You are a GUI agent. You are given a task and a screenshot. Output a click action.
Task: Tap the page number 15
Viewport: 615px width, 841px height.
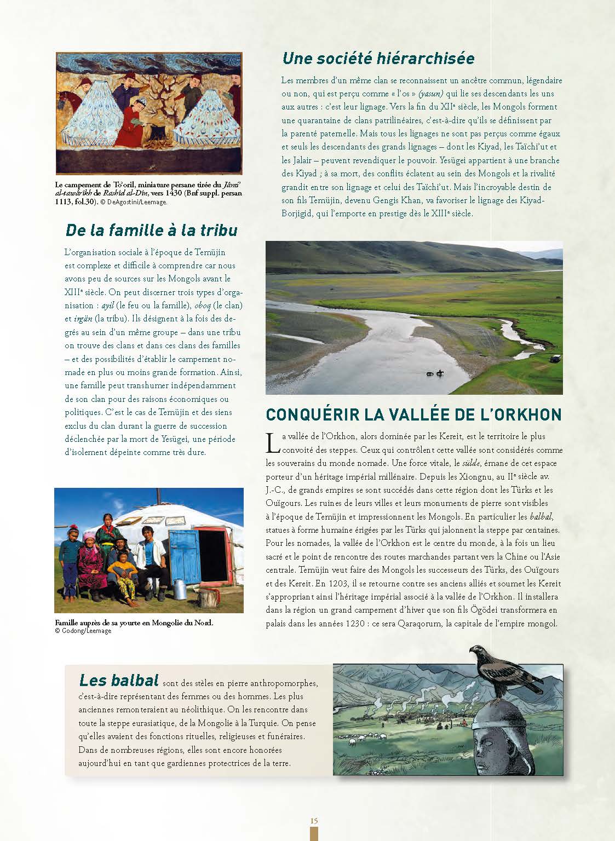(x=314, y=820)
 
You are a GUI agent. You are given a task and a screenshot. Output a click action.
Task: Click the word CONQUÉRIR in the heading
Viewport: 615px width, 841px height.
(x=308, y=414)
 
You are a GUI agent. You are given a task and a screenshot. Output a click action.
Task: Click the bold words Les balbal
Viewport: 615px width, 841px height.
(x=119, y=680)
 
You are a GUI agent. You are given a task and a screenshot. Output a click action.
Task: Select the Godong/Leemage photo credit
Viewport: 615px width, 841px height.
(x=83, y=631)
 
